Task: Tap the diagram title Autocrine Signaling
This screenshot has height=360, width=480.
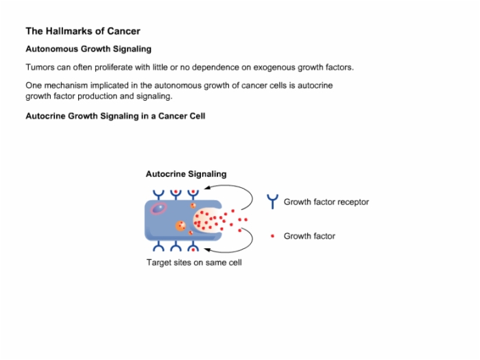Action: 186,174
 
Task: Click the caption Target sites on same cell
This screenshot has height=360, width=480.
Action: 194,263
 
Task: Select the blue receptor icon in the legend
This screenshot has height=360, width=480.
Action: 272,202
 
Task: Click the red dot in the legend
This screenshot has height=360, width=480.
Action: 272,236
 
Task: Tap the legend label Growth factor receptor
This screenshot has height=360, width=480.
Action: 326,202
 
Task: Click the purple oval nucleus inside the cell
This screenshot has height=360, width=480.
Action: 158,208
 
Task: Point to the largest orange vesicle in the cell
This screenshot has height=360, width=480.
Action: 180,226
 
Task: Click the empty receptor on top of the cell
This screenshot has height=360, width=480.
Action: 158,195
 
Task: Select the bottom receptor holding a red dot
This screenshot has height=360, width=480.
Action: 193,246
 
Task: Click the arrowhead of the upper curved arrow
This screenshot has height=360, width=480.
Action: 208,187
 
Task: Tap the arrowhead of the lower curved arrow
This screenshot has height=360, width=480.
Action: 208,250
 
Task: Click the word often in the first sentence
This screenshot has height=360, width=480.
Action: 82,67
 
